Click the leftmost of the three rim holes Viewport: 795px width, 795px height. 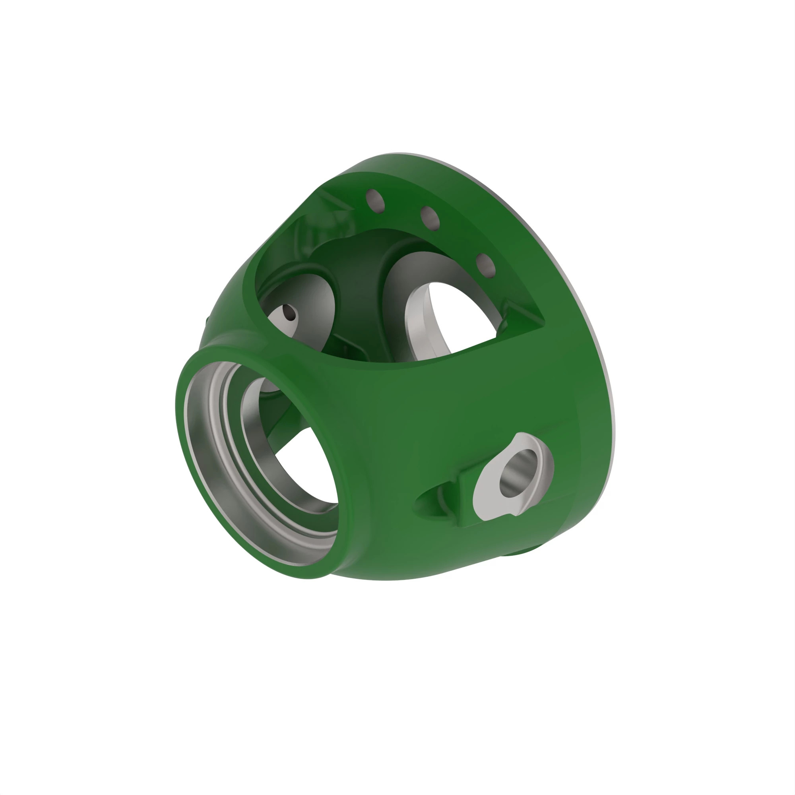375,201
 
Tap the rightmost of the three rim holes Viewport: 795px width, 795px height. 486,266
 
